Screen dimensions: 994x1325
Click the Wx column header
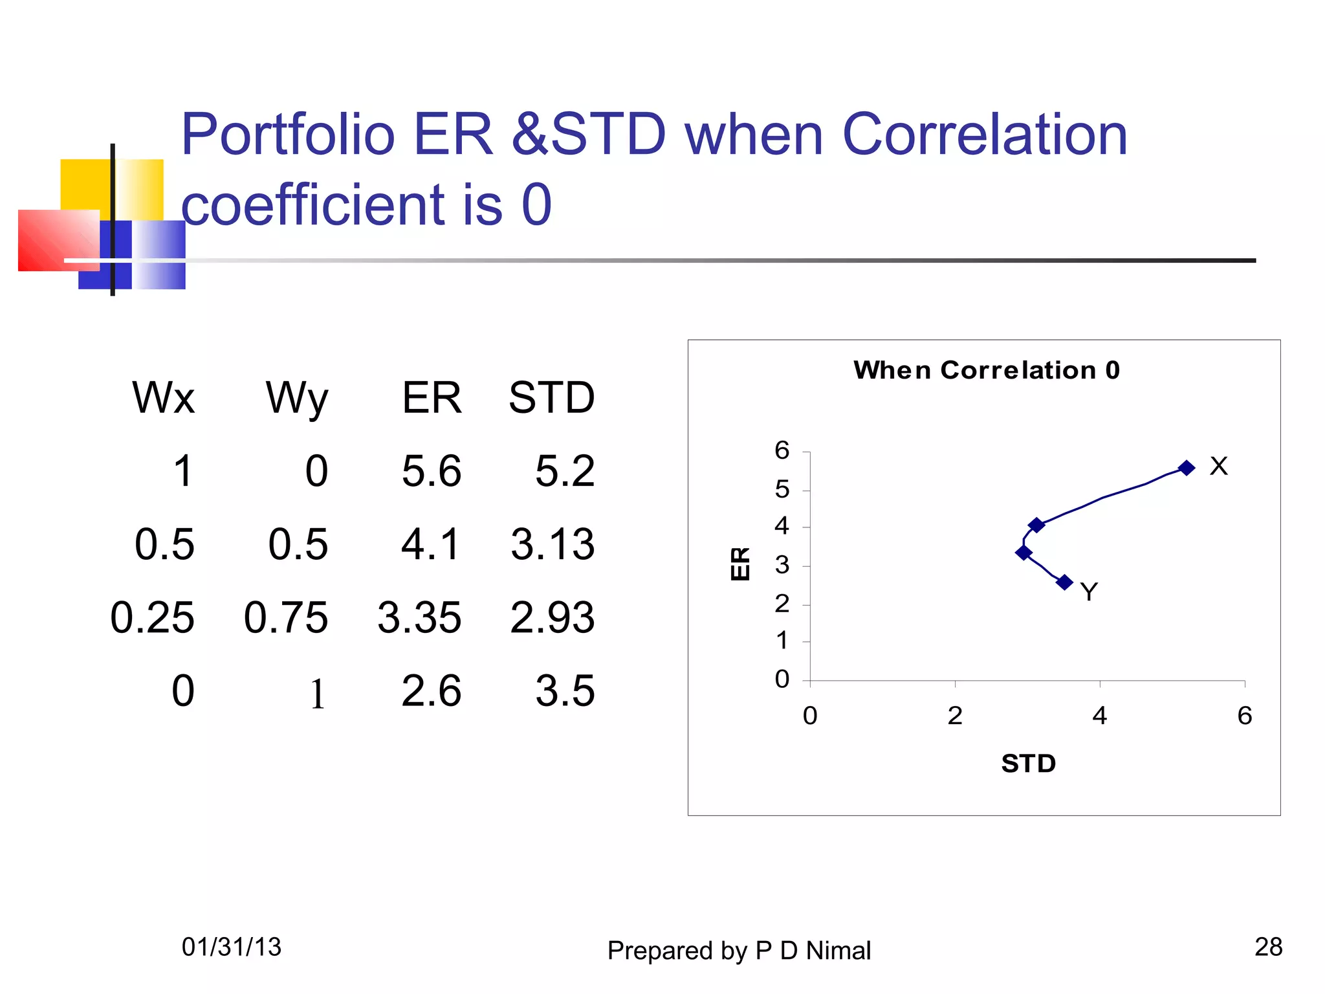(163, 397)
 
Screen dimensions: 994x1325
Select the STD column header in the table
(551, 397)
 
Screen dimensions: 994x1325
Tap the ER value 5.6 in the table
(431, 470)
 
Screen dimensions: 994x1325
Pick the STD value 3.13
(552, 544)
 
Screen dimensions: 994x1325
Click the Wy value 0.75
(285, 617)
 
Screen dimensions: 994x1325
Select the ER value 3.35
(419, 617)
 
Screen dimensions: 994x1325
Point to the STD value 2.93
(552, 617)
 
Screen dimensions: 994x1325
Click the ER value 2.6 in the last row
(431, 690)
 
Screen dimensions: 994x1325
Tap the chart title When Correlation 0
(986, 370)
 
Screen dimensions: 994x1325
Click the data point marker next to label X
(1186, 468)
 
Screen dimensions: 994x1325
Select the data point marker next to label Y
(1064, 582)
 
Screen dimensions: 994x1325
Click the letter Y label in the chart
(1089, 592)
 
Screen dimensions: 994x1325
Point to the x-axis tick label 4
(1099, 716)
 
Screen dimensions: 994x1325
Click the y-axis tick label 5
(782, 489)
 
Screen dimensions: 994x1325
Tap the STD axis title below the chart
(1028, 764)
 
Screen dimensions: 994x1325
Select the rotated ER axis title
(740, 564)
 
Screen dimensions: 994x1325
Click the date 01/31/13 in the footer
(231, 947)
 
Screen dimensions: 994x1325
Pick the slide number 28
(1268, 947)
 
